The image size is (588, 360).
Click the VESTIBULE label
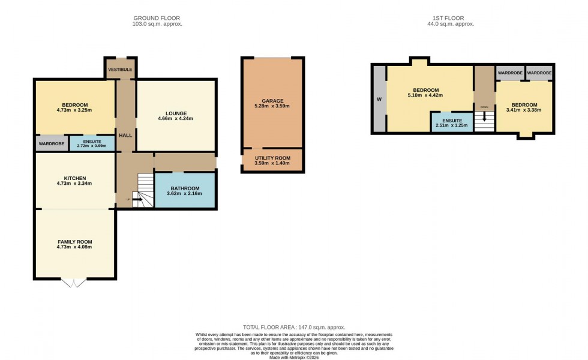(x=120, y=70)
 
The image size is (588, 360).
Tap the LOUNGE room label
(x=176, y=113)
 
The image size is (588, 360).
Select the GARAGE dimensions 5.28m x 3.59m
(x=272, y=107)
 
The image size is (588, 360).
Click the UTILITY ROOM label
(x=272, y=157)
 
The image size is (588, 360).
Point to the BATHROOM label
(x=185, y=188)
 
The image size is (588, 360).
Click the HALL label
(x=125, y=136)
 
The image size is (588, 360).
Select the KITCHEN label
(x=75, y=178)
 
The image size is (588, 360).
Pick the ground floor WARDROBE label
(x=52, y=144)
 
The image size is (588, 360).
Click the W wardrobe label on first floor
(x=379, y=99)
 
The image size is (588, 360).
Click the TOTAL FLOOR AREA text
(x=293, y=327)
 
